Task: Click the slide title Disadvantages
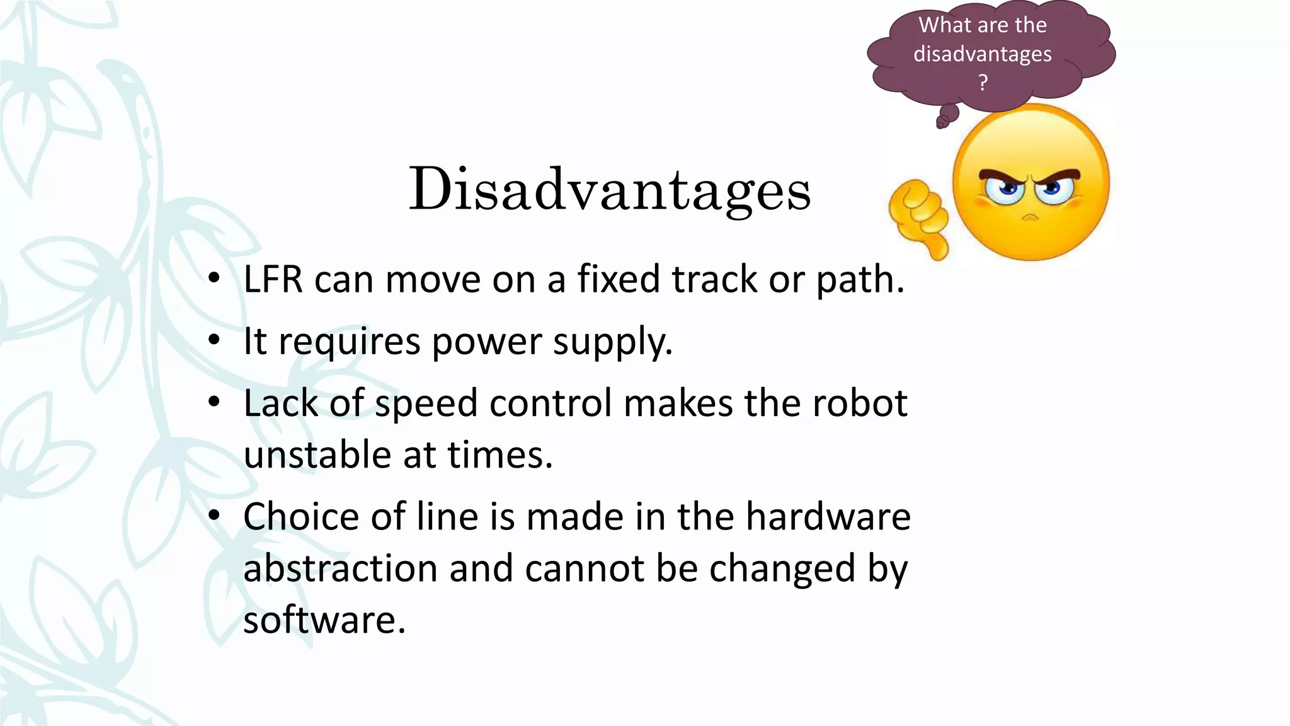pyautogui.click(x=610, y=189)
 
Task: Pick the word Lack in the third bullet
pyautogui.click(x=280, y=403)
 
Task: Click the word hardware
pyautogui.click(x=828, y=517)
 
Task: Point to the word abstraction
pyautogui.click(x=340, y=568)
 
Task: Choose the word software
pyautogui.click(x=324, y=620)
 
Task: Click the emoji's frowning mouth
pyautogui.click(x=1030, y=217)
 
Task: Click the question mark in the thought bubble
pyautogui.click(x=983, y=82)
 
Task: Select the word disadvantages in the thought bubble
pyautogui.click(x=983, y=54)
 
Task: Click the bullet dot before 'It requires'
pyautogui.click(x=214, y=340)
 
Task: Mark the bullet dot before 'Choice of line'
pyautogui.click(x=214, y=516)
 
